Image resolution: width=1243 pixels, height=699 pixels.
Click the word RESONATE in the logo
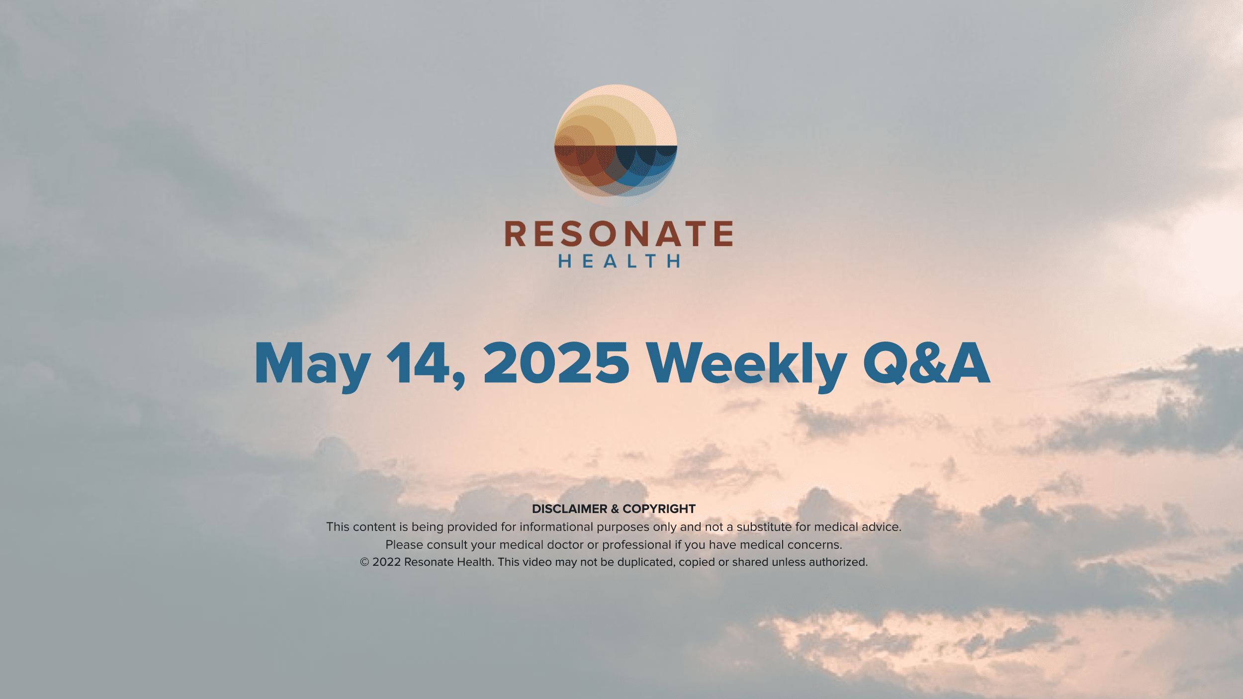click(x=619, y=234)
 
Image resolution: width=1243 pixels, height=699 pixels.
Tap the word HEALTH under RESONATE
click(x=619, y=261)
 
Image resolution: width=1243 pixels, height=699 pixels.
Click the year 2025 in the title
click(x=556, y=363)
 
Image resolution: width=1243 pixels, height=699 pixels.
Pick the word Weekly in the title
click(x=746, y=366)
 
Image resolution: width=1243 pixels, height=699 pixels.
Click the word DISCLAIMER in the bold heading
click(x=570, y=509)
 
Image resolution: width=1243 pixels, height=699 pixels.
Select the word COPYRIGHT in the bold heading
click(x=659, y=509)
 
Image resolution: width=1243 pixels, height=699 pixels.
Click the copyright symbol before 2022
click(x=364, y=562)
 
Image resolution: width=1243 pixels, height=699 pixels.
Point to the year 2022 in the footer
click(x=386, y=562)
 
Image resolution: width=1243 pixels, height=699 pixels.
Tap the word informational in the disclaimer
click(x=556, y=526)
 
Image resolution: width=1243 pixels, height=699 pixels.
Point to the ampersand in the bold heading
click(x=615, y=509)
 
